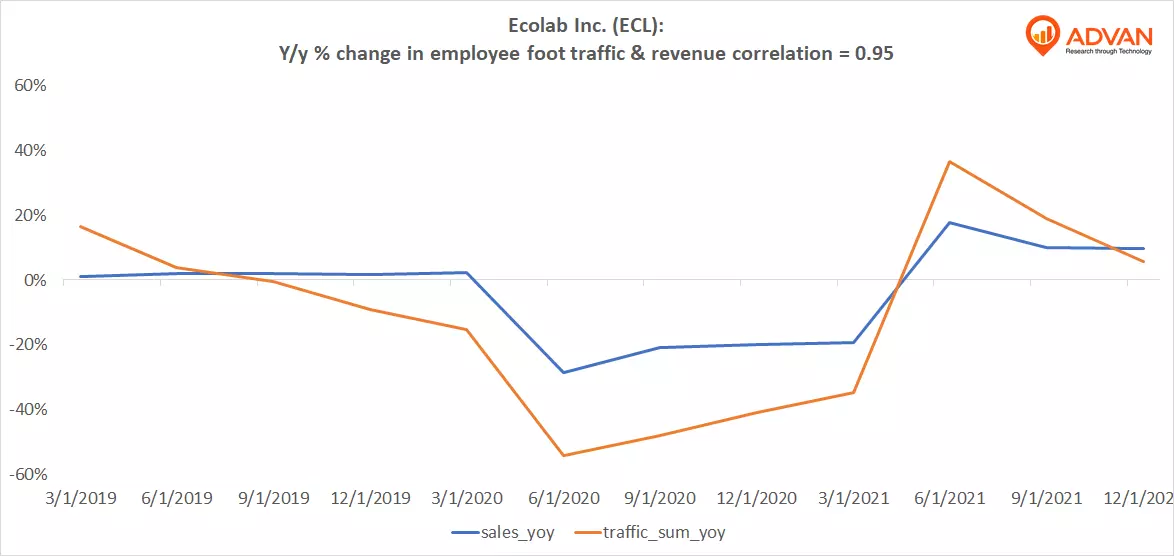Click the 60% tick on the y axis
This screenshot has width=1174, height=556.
coord(30,85)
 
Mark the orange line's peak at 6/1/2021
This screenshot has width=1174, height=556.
coord(949,162)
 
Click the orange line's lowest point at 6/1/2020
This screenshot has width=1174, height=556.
coord(564,456)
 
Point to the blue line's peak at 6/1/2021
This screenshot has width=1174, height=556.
coord(949,222)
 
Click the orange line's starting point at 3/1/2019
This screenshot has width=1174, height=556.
coord(80,227)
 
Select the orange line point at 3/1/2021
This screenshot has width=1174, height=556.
coord(853,392)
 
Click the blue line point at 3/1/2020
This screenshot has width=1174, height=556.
coord(467,272)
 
